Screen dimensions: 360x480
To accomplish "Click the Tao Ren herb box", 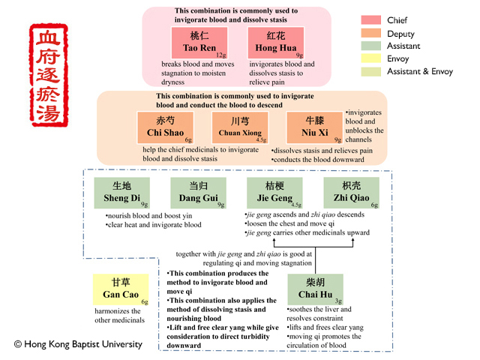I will (x=199, y=42).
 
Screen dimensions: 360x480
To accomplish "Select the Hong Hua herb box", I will (x=276, y=42).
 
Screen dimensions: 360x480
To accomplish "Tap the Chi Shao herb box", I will (x=165, y=127).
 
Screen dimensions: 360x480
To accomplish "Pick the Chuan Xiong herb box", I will (x=240, y=127).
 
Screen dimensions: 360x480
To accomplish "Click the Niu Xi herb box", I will (x=314, y=127).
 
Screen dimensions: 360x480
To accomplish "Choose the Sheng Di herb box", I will (x=121, y=193).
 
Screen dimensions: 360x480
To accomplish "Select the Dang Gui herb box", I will (x=198, y=193).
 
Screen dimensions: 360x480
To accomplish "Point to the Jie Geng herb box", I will (x=274, y=193).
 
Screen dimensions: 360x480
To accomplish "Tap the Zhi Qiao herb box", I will (x=351, y=193).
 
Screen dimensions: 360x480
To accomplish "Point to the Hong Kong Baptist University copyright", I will (x=78, y=344).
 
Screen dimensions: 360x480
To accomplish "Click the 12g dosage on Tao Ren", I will (x=220, y=55).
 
